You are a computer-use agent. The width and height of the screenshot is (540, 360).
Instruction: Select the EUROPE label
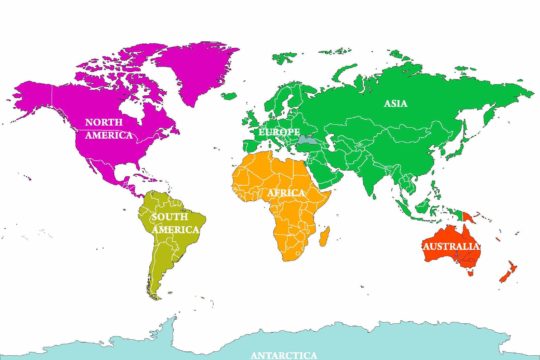278,132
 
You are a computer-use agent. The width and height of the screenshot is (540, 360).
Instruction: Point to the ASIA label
395,101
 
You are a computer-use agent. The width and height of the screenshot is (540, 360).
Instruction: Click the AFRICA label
285,193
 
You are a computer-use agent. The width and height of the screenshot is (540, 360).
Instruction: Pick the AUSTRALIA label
451,246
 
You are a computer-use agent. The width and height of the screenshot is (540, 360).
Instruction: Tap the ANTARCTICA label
284,354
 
